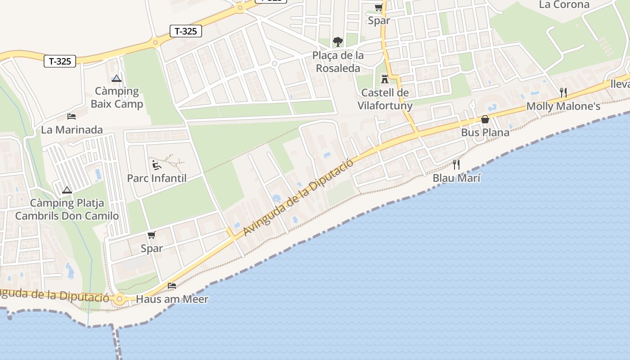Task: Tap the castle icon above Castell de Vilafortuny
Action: coord(384,79)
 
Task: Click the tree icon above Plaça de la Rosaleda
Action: coord(337,42)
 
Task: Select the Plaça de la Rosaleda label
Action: coord(338,62)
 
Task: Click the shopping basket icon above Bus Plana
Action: coord(485,119)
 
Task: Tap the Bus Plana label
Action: coord(485,132)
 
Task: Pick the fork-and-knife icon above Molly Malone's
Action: coord(563,93)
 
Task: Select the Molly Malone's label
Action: coord(563,107)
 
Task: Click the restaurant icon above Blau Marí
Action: coord(456,164)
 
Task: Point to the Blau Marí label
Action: coord(456,178)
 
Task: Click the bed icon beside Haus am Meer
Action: coord(172,285)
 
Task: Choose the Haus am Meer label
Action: coord(172,299)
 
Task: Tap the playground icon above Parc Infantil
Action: coord(156,165)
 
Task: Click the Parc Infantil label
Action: coord(157,178)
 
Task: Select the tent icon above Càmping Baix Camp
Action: coord(117,78)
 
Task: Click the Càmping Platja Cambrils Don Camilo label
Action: coord(67,209)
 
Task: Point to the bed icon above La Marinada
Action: coord(72,117)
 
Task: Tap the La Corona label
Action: coord(564,5)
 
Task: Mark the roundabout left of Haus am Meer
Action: coord(119,299)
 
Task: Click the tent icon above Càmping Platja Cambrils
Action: coord(67,190)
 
